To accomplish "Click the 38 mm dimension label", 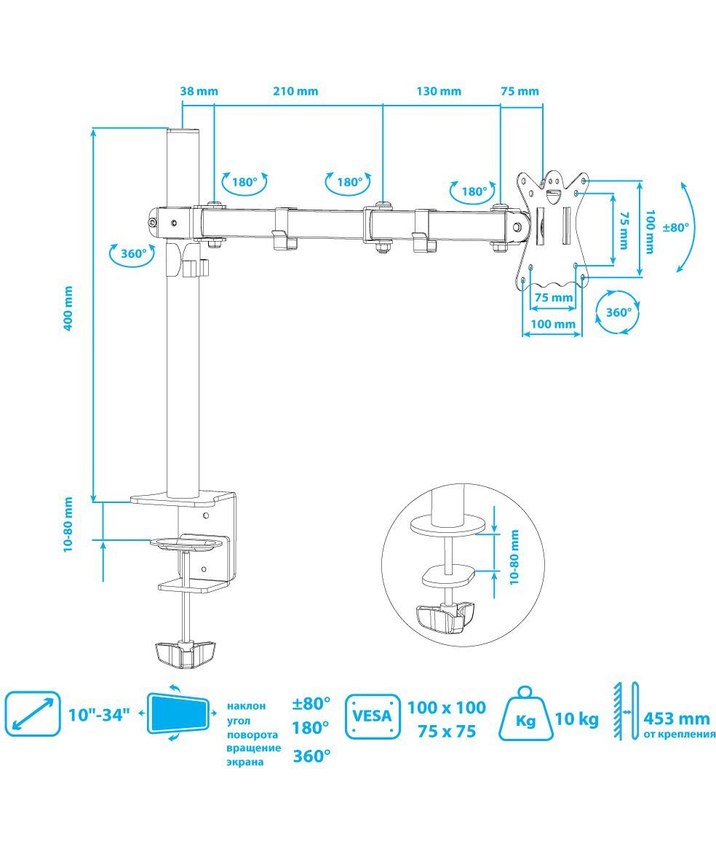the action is coord(199,91).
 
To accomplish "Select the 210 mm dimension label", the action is coord(295,91).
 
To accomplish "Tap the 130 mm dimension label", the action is coord(439,91).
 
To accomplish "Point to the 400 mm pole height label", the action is coord(68,309).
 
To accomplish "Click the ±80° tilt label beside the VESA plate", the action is coord(676,227).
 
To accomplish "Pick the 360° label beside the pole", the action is coord(134,253).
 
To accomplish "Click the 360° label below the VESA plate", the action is coord(619,312).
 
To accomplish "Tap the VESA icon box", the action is coord(373,716).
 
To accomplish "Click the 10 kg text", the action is coord(576,720).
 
